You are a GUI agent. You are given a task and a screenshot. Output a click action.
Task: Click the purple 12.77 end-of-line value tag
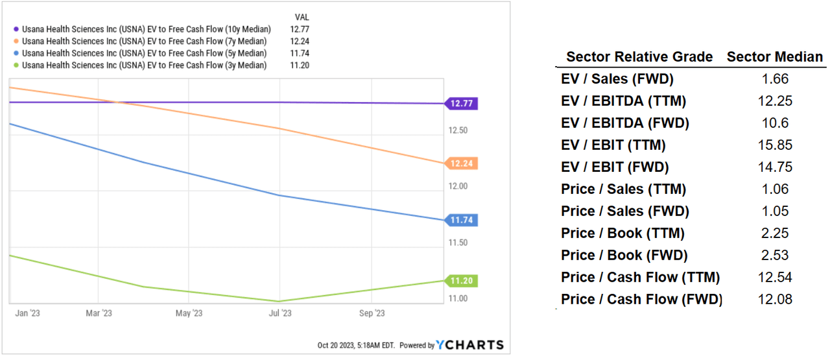[462, 103]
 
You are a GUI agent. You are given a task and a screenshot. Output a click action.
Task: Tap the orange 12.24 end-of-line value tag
[462, 163]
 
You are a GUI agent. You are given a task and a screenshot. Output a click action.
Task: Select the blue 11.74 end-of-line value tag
[462, 221]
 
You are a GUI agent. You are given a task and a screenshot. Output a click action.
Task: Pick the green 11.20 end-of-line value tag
[462, 281]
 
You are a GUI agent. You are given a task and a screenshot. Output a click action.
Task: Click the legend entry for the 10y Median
[146, 29]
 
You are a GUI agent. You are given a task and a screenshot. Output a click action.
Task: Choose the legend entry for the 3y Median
[144, 66]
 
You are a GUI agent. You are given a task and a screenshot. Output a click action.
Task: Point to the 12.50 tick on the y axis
[458, 130]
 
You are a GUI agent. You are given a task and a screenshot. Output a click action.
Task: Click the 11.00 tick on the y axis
[458, 298]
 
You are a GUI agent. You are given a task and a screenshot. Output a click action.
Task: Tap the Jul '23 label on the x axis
[279, 313]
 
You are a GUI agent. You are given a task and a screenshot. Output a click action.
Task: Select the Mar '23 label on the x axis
[98, 313]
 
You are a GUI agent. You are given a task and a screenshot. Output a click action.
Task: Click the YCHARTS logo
[469, 345]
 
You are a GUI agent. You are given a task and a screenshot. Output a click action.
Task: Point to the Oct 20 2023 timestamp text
[356, 346]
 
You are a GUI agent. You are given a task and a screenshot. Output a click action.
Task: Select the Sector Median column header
[774, 57]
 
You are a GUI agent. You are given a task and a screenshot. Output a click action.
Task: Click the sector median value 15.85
[774, 145]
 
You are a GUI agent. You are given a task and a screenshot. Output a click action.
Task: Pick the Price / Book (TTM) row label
[622, 233]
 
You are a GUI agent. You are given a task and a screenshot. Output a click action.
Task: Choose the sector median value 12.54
[774, 278]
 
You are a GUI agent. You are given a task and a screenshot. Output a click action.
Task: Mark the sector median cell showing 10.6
[774, 123]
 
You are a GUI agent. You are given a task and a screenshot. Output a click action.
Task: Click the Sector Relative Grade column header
[639, 57]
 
